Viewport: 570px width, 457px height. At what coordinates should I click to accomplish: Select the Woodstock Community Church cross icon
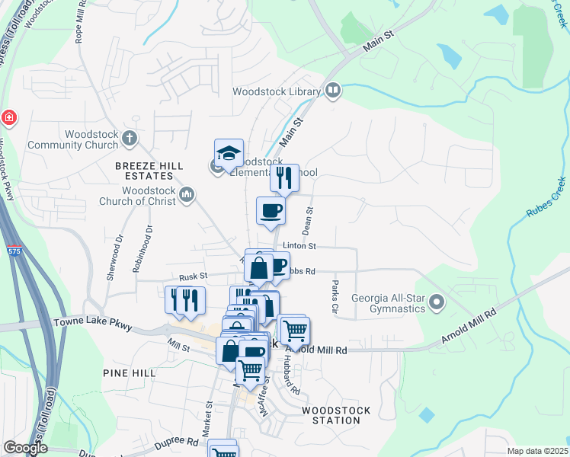130,138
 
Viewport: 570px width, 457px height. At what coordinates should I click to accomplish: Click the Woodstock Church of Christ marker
187,197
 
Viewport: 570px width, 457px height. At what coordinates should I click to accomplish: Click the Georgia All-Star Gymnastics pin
437,302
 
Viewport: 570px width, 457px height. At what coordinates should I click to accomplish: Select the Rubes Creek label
546,198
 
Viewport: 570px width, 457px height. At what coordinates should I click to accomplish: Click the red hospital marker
8,118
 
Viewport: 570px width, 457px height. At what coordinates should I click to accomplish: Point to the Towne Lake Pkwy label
93,324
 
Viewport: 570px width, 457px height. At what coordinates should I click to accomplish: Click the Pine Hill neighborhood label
130,373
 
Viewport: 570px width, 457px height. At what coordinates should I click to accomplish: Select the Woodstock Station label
336,416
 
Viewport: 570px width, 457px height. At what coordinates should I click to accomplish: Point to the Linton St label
299,246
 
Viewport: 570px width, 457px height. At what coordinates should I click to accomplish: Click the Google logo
25,448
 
